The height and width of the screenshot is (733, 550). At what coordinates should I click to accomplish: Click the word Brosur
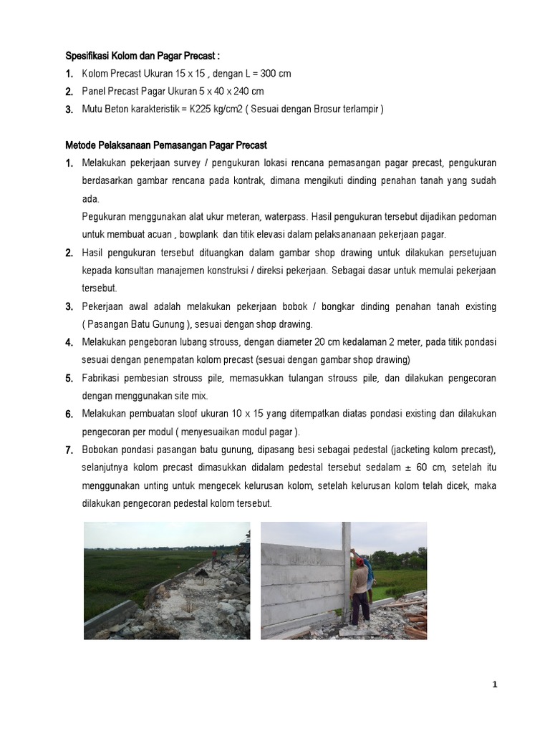click(326, 110)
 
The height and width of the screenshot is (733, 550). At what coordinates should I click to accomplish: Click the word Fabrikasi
click(105, 378)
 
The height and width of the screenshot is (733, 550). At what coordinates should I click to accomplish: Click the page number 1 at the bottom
click(494, 684)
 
